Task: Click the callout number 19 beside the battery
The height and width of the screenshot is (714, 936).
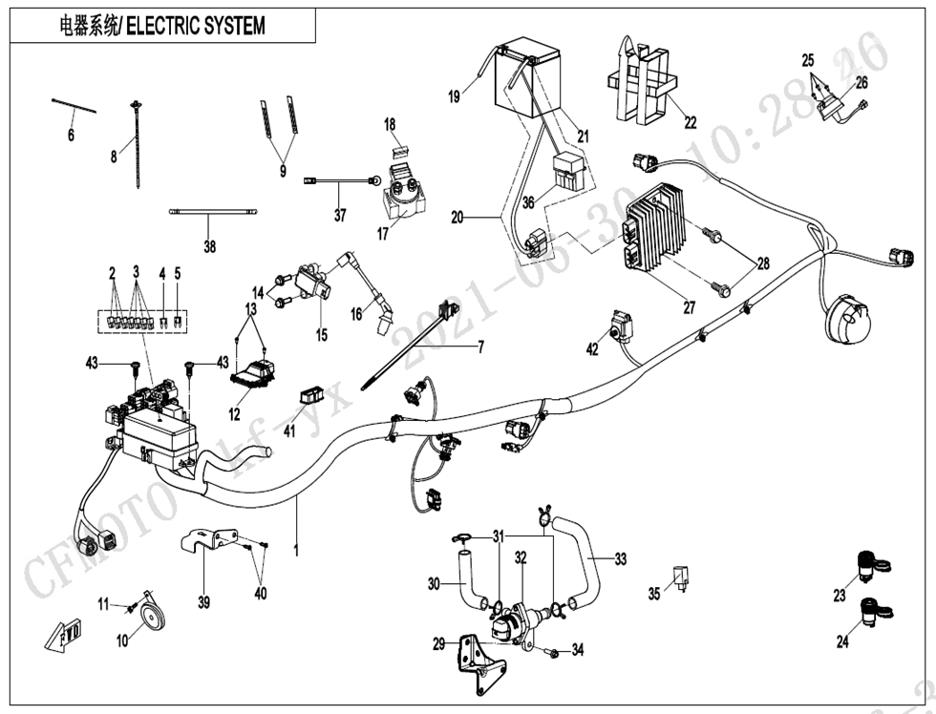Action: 454,95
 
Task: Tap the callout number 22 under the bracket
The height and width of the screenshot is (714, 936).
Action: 690,122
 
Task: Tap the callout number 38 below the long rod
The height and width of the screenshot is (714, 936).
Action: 209,247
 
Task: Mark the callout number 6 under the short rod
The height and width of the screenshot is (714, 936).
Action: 71,136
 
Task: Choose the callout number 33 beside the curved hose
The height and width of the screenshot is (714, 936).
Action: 621,559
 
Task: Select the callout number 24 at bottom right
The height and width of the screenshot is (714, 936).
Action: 842,642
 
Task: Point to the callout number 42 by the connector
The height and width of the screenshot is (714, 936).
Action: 592,349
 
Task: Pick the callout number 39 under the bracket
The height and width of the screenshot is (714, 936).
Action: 203,602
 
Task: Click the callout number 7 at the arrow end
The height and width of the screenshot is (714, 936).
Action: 481,346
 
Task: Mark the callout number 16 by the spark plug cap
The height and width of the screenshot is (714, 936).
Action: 354,314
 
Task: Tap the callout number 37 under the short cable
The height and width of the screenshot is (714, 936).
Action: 340,217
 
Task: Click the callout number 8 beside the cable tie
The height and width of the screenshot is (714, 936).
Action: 114,157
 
